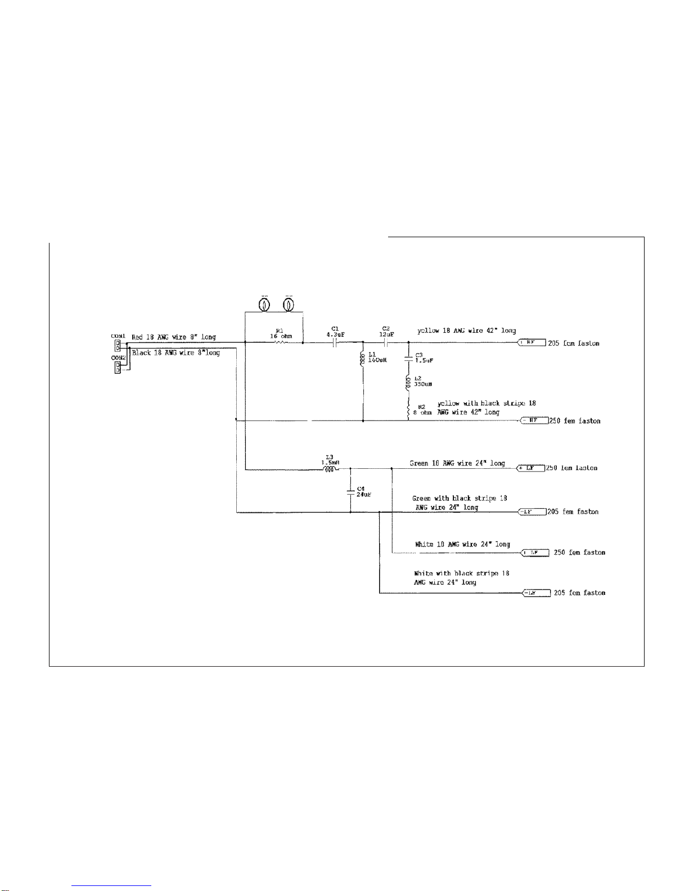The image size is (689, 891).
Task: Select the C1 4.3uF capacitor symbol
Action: tap(335, 342)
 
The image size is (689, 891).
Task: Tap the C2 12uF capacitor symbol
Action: tap(385, 342)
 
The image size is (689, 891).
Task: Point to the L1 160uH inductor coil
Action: tap(363, 357)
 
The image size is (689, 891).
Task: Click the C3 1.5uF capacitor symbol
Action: tap(409, 358)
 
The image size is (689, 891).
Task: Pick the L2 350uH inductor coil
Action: tap(408, 383)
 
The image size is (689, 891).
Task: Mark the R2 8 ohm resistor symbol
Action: tap(408, 409)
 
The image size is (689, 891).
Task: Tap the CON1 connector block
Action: tap(118, 345)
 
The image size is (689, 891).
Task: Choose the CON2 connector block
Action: tap(118, 367)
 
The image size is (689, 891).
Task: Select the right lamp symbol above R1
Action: tap(289, 305)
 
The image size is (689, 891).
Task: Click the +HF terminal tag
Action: tap(531, 342)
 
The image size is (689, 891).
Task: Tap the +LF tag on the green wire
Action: tap(530, 468)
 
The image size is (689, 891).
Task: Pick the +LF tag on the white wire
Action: tap(535, 553)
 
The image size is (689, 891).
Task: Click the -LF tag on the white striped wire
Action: tap(535, 593)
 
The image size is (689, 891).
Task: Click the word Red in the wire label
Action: tap(137, 337)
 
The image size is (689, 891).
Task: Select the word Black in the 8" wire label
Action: tap(142, 352)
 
